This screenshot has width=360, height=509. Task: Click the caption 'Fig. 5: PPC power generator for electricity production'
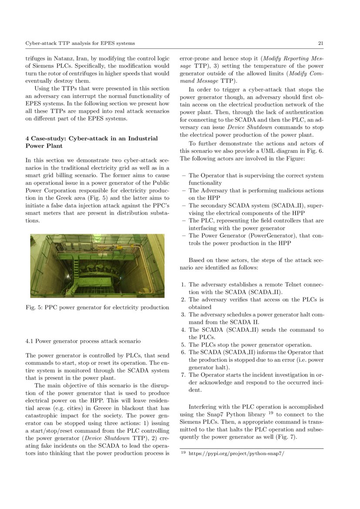pos(98,307)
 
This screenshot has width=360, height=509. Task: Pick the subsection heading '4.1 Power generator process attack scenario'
pos(83,340)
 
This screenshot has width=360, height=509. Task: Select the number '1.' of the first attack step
pos(183,284)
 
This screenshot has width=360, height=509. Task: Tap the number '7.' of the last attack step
pos(183,374)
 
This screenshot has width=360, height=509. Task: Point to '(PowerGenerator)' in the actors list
pos(262,236)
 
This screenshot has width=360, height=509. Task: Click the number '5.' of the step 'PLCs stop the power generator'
pos(183,344)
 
